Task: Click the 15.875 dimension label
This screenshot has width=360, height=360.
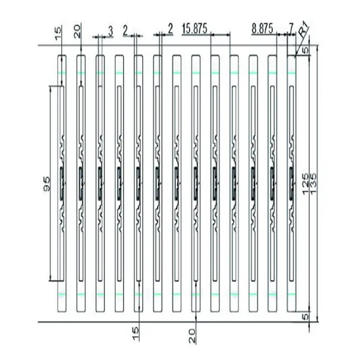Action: (194, 29)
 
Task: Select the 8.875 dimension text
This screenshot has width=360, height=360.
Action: (262, 29)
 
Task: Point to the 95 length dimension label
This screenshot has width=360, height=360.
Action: (47, 184)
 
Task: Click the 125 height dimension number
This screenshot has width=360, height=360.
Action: (305, 184)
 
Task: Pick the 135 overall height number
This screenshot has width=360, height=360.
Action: (313, 184)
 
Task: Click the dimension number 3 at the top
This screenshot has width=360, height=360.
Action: (110, 32)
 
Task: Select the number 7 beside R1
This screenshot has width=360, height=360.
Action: (291, 29)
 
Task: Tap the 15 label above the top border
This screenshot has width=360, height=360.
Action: (58, 34)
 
